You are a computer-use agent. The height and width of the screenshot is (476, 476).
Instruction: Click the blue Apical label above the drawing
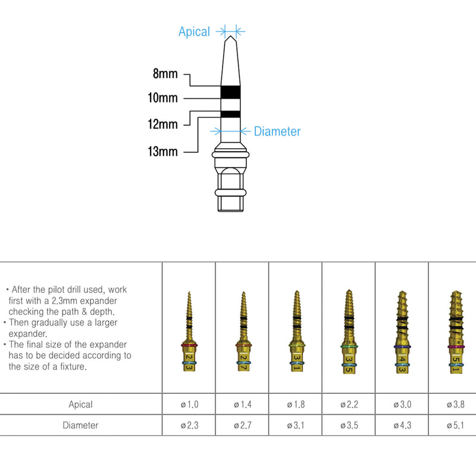(x=194, y=32)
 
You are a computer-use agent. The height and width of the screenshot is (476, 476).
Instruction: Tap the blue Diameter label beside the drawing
(x=277, y=131)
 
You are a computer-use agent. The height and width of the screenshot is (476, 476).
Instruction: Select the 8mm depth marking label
(x=165, y=74)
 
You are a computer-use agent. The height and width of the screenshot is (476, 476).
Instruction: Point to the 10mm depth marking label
(x=163, y=98)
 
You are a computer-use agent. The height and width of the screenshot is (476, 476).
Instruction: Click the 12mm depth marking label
(x=163, y=124)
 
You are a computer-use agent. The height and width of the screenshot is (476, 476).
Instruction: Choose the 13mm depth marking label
(x=163, y=152)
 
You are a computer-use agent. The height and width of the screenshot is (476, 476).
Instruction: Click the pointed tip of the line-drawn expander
(x=230, y=37)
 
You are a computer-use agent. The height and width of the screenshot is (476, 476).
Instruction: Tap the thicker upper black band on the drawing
(x=230, y=92)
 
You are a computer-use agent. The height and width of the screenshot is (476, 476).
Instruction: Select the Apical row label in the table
(x=80, y=405)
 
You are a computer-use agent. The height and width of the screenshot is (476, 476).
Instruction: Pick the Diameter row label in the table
(x=80, y=425)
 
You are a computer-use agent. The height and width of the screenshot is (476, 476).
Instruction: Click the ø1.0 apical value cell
(x=189, y=405)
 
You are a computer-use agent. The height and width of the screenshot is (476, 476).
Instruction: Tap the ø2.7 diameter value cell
(x=242, y=425)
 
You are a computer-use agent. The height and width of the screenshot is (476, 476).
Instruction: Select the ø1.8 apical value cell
(x=296, y=405)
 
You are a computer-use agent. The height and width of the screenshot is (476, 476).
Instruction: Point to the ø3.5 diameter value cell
(x=349, y=425)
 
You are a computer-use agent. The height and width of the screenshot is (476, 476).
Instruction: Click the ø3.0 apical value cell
(x=402, y=405)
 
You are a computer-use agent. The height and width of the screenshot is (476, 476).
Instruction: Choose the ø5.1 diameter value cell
(x=455, y=425)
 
